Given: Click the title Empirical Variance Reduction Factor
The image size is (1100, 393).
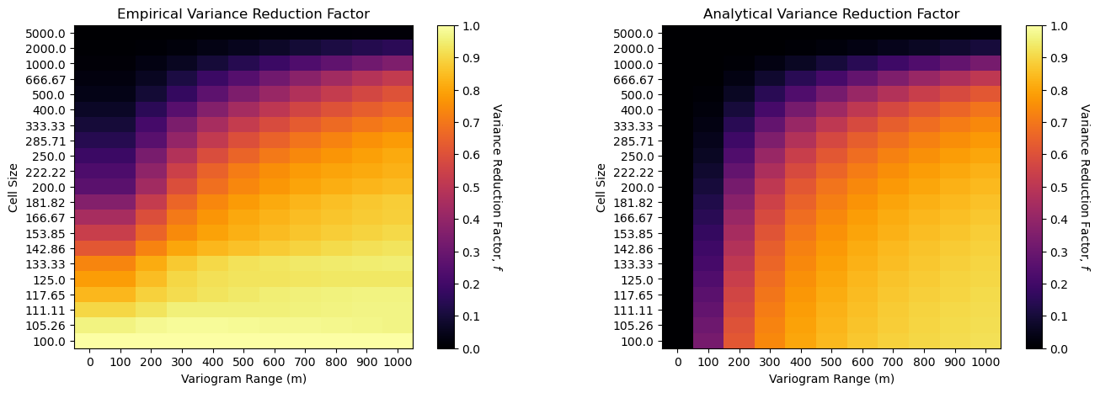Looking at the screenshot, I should [243, 13].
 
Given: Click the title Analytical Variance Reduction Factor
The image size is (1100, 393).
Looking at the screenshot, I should [830, 13].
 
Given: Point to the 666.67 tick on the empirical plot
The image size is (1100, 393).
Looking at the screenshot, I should [50, 79].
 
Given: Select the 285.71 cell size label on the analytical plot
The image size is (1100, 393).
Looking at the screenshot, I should [638, 141].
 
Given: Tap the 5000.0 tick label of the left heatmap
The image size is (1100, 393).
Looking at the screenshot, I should [50, 33].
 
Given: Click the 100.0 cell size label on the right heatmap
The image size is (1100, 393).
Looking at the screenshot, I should [640, 342].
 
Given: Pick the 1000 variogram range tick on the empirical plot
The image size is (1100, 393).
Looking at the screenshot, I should [398, 361].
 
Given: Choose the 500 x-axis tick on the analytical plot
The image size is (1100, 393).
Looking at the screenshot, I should [831, 361].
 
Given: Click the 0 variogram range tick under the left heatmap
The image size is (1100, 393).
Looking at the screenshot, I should [89, 361].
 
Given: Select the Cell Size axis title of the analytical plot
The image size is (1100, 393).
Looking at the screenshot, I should [601, 187].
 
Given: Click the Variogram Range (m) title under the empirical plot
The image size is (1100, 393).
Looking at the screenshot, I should [243, 379].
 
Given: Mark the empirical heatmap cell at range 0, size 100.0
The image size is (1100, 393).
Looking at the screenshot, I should [89, 341].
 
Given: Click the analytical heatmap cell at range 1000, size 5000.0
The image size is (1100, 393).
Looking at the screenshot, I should [985, 33].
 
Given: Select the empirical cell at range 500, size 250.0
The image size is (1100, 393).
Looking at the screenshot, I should [243, 156].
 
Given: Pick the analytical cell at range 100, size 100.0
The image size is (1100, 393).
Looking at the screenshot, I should [708, 341].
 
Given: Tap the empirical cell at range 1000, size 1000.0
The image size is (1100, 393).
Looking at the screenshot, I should [398, 64].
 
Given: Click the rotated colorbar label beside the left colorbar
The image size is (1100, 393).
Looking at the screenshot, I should [496, 187].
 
